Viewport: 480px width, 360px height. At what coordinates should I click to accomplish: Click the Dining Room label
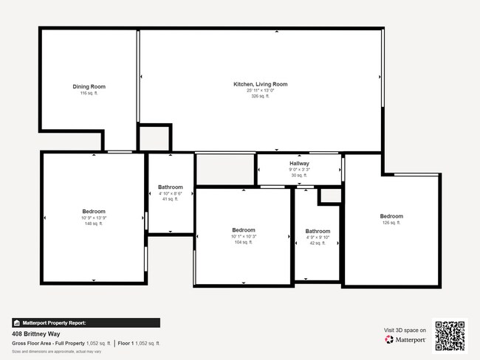click(89, 87)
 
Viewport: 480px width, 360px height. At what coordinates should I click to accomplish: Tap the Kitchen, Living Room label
click(261, 84)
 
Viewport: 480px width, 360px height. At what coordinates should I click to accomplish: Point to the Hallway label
click(299, 163)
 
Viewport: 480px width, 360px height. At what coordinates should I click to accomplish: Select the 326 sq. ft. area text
click(261, 97)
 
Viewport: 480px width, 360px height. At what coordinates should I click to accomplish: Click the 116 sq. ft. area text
click(89, 94)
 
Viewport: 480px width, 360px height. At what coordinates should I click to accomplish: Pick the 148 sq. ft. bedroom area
click(94, 224)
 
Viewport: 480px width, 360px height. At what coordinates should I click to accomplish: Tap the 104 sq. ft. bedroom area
click(244, 242)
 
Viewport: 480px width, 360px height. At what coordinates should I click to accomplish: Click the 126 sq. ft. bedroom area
click(391, 223)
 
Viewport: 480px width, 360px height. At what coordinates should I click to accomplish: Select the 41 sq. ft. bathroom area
click(171, 199)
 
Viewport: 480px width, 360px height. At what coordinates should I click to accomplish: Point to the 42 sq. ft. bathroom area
click(318, 243)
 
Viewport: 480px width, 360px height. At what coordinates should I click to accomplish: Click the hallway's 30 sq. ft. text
click(299, 175)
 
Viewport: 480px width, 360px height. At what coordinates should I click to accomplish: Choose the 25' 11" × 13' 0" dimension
click(261, 91)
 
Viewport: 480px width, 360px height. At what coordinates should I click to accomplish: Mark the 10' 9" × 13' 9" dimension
click(94, 218)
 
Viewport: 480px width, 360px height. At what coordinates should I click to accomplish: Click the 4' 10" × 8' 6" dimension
click(171, 193)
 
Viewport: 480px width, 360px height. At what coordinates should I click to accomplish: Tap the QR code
click(450, 335)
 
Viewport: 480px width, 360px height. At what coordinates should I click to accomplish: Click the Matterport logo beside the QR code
click(405, 340)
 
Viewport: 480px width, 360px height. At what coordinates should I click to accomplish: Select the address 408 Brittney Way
click(36, 333)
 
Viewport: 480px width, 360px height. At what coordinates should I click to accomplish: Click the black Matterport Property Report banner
click(86, 322)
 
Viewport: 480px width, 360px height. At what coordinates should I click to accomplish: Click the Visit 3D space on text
click(405, 330)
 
